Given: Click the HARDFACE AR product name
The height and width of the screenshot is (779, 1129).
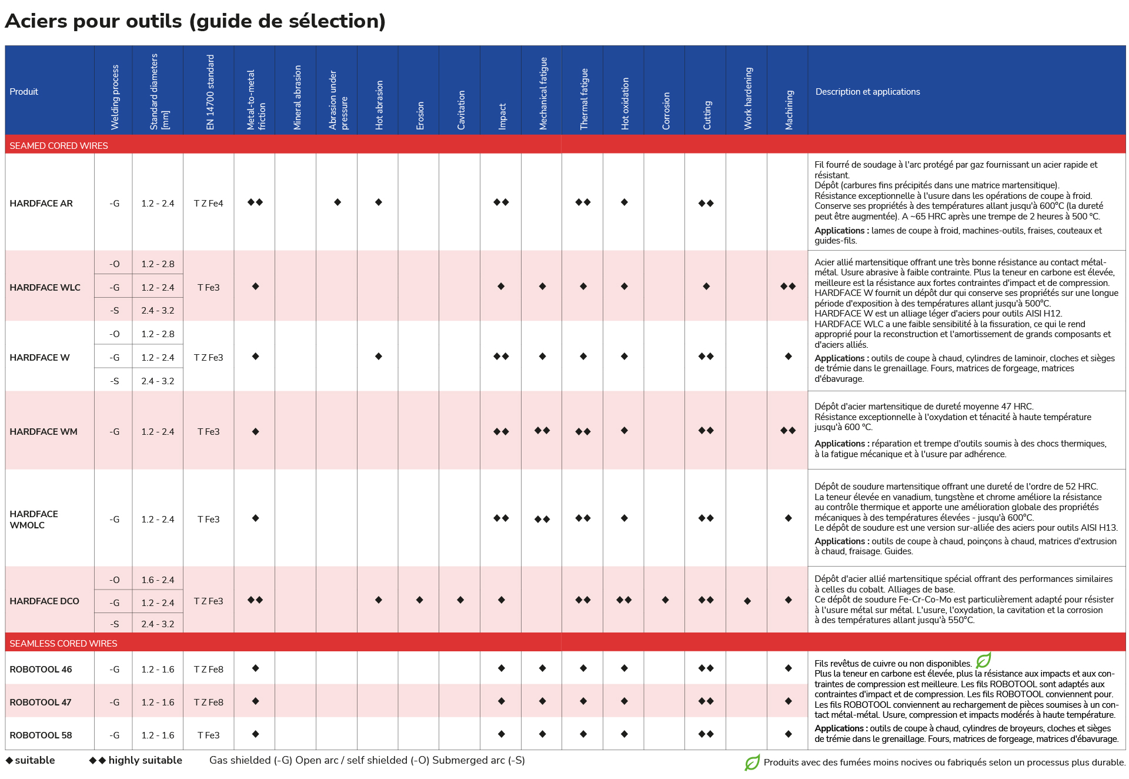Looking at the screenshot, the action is pyautogui.click(x=41, y=204).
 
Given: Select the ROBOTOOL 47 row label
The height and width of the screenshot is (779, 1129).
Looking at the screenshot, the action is pyautogui.click(x=41, y=702).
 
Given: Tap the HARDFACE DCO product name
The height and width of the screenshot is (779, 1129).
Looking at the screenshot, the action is pyautogui.click(x=44, y=601).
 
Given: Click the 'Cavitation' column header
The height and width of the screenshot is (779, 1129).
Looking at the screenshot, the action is pyautogui.click(x=461, y=110).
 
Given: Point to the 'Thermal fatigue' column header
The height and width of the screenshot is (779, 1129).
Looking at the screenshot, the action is pyautogui.click(x=584, y=99).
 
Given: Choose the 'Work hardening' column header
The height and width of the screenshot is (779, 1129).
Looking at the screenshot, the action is pyautogui.click(x=748, y=98).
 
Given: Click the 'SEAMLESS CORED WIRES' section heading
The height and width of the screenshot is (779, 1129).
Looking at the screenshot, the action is pyautogui.click(x=64, y=643).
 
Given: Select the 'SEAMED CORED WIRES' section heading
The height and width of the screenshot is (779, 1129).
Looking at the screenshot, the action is pyautogui.click(x=59, y=145).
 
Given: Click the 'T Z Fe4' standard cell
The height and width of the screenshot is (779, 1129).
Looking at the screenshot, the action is pyautogui.click(x=209, y=204).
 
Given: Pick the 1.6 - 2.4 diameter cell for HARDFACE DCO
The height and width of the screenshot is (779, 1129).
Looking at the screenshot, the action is pyautogui.click(x=158, y=580).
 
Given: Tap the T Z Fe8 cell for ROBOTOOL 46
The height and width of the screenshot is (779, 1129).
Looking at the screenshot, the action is pyautogui.click(x=209, y=669).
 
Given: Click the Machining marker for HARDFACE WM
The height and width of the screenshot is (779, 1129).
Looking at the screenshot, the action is pyautogui.click(x=788, y=431).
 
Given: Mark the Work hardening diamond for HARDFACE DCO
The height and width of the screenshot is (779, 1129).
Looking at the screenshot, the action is pyautogui.click(x=747, y=601).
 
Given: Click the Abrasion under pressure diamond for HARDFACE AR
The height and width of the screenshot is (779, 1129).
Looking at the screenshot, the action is pyautogui.click(x=338, y=202).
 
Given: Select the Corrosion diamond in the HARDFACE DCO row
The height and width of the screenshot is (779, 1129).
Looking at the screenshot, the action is pyautogui.click(x=665, y=600).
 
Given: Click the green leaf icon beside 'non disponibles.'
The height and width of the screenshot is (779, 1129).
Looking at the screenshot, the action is pyautogui.click(x=984, y=660).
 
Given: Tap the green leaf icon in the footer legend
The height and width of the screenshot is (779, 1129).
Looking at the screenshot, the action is pyautogui.click(x=752, y=763).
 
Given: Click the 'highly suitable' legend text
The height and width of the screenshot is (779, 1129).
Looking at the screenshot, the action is pyautogui.click(x=145, y=760).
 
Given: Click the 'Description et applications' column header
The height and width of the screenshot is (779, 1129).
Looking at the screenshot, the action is pyautogui.click(x=867, y=92).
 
